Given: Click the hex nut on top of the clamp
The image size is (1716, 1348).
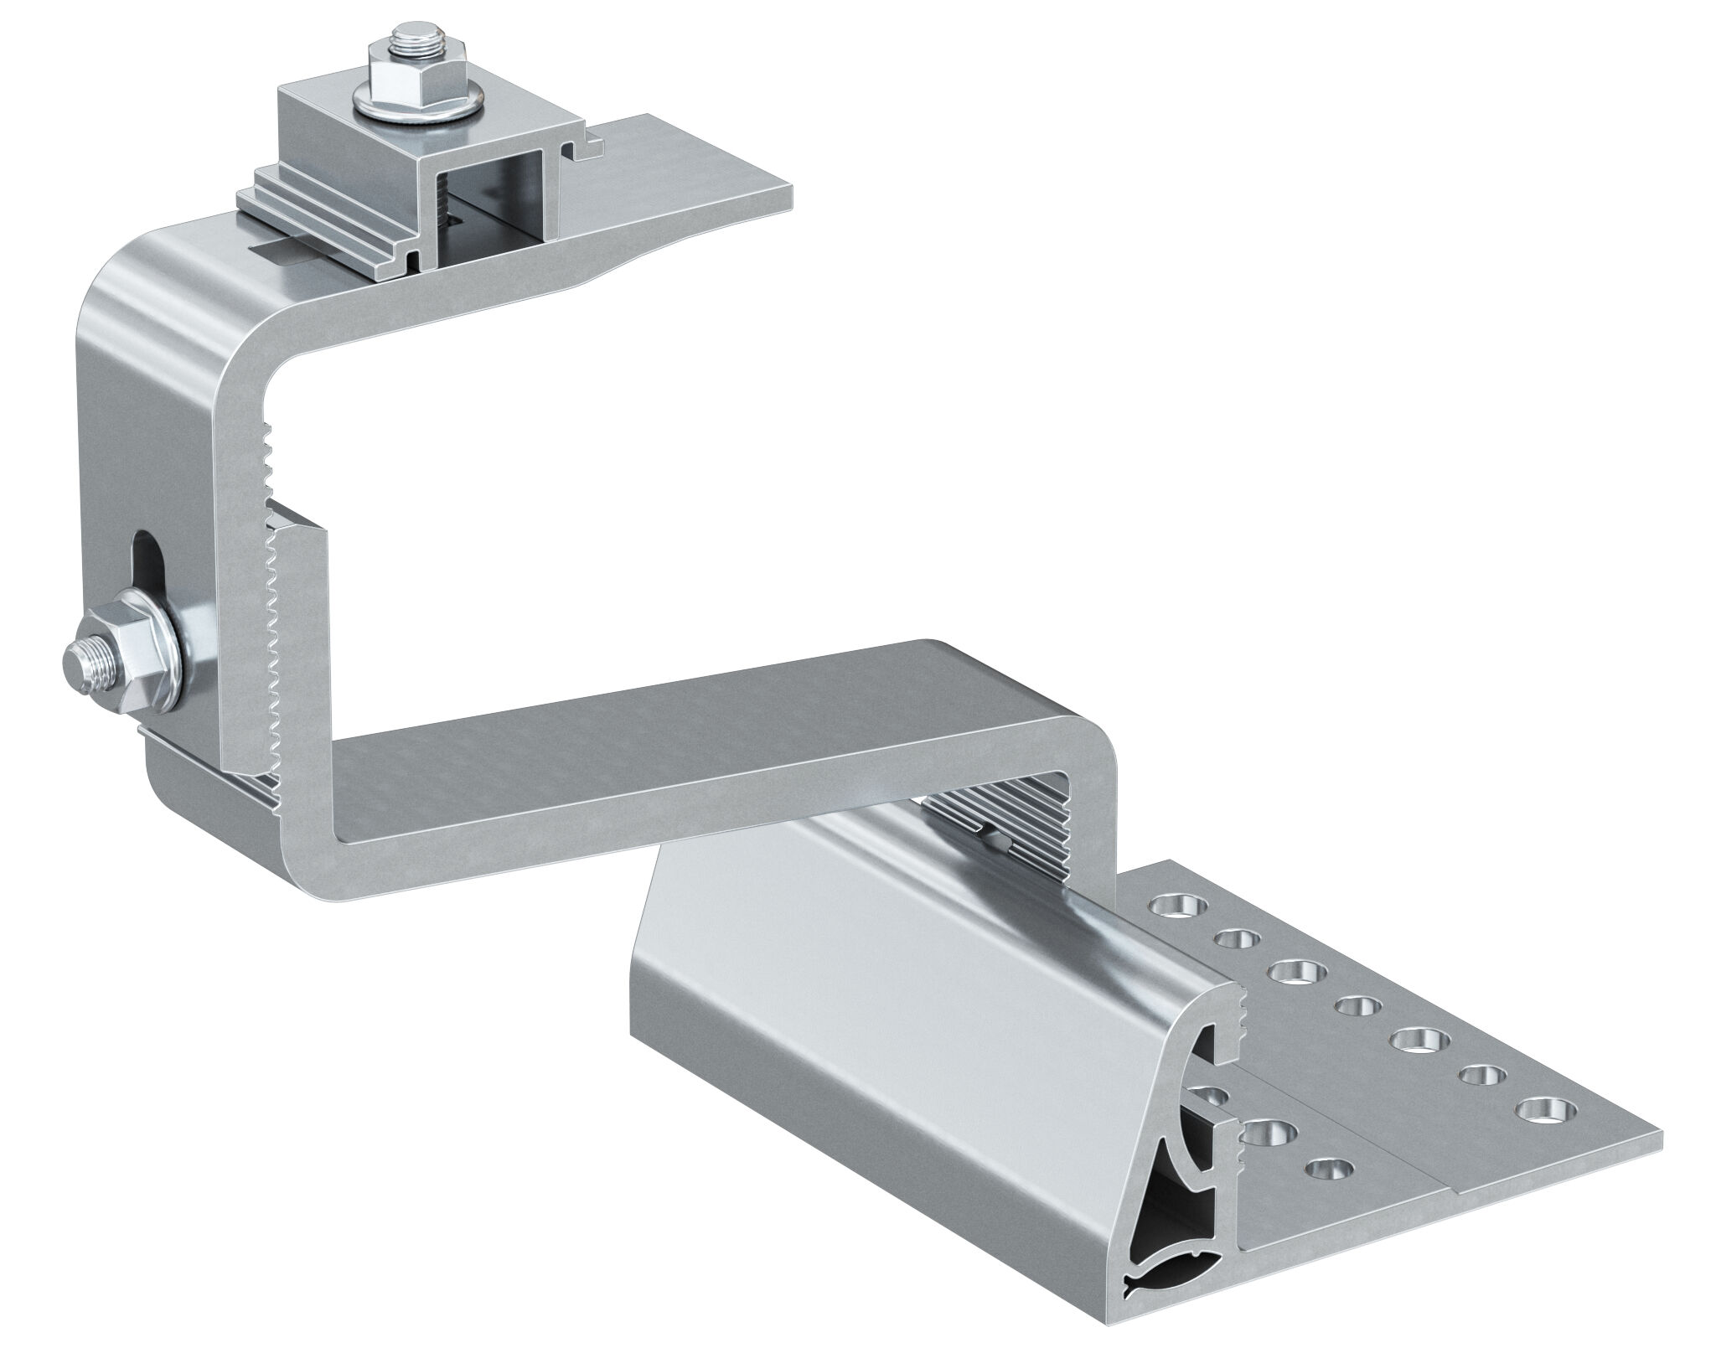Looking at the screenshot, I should pos(408,78).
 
